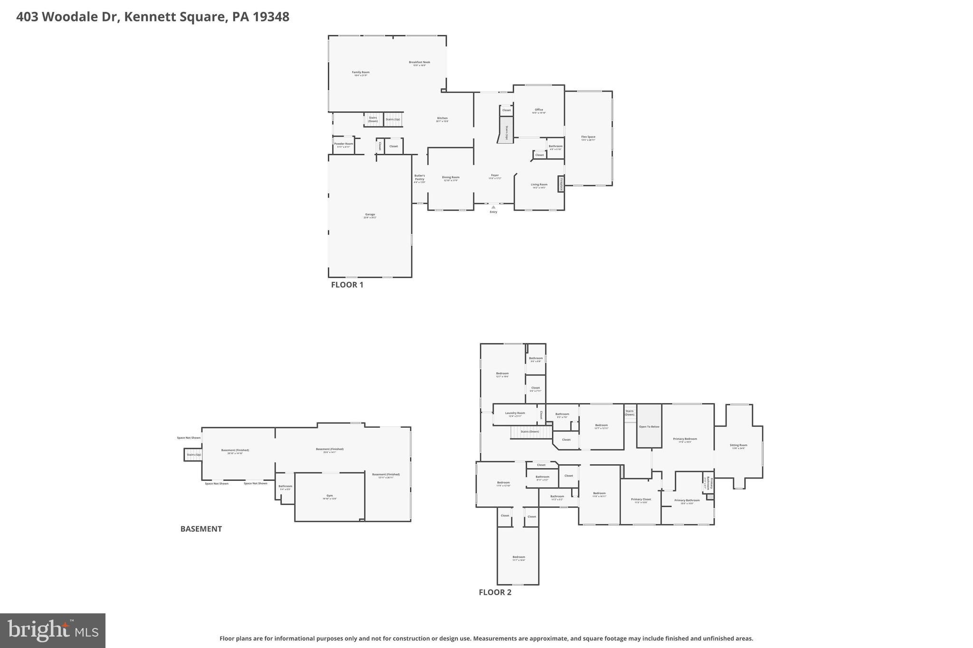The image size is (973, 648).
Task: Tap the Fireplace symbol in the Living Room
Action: click(561, 184)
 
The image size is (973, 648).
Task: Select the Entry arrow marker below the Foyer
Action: click(493, 207)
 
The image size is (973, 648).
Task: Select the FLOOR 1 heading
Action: click(347, 285)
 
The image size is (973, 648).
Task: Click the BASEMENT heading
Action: click(201, 529)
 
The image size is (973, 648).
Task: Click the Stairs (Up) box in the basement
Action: click(193, 455)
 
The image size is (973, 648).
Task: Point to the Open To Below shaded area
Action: click(649, 426)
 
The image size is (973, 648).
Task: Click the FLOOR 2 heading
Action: click(495, 592)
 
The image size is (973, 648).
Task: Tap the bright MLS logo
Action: click(53, 630)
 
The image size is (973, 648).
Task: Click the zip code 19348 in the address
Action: click(271, 17)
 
